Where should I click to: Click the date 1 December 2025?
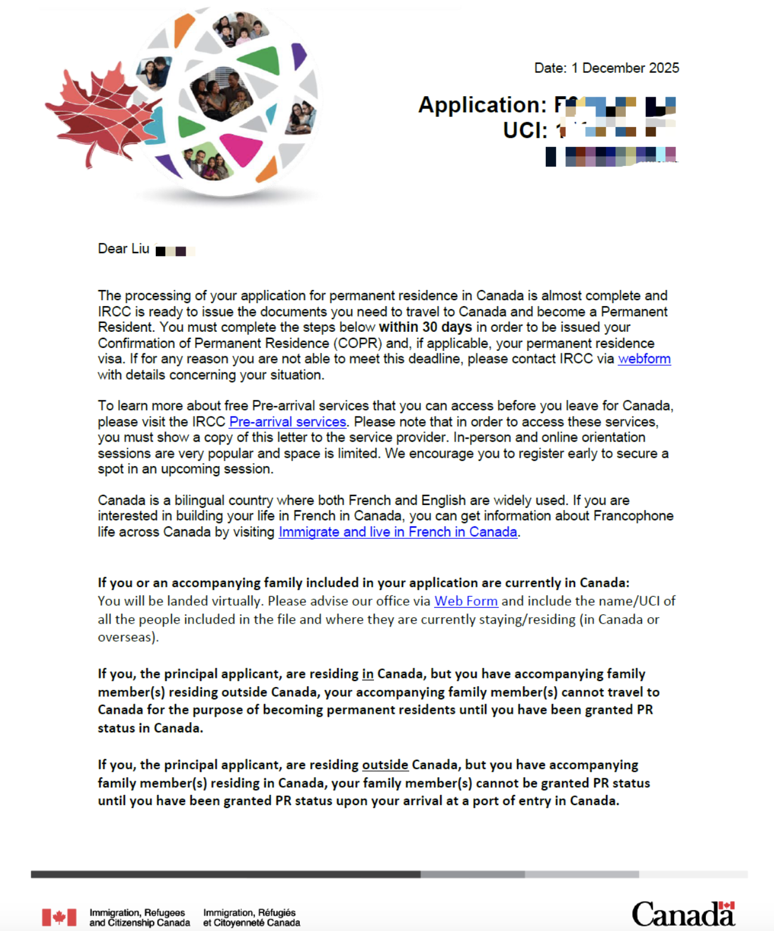click(x=625, y=68)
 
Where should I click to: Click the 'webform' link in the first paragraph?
click(x=644, y=359)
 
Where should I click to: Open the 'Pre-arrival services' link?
click(x=287, y=422)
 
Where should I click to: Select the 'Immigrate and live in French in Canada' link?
click(x=398, y=532)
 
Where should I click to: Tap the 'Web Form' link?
click(x=466, y=602)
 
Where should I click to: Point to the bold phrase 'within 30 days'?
click(x=425, y=328)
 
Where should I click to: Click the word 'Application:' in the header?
click(x=482, y=105)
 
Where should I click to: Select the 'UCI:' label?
click(x=525, y=131)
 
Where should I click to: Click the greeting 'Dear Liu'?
click(x=124, y=249)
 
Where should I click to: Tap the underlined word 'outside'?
click(x=385, y=765)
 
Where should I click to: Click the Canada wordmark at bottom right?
click(x=683, y=914)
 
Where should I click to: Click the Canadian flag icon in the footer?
click(x=59, y=917)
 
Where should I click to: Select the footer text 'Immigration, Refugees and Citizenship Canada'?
click(x=139, y=918)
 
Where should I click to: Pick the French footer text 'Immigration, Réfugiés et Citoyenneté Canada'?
click(x=251, y=918)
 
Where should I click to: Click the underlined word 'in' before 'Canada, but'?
click(x=367, y=674)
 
